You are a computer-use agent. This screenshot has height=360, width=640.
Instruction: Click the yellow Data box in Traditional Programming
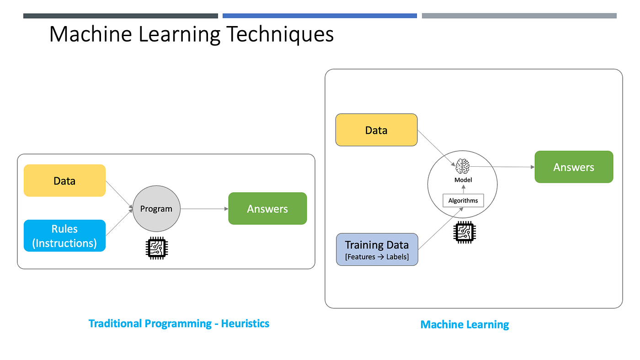(64, 181)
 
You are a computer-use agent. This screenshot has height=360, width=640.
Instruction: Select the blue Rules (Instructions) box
(64, 236)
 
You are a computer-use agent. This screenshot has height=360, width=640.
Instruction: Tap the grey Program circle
(156, 209)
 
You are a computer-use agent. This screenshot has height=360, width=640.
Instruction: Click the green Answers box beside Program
(267, 209)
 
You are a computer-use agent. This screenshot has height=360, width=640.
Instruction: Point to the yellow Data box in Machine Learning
(376, 130)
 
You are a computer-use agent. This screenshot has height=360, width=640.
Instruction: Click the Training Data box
(377, 249)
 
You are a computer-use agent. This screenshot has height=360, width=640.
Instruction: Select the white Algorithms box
(463, 200)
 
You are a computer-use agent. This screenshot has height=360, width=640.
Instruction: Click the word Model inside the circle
(463, 180)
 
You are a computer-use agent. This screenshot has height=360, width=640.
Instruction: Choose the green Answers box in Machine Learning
(574, 167)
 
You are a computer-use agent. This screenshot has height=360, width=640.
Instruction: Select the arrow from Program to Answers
(204, 209)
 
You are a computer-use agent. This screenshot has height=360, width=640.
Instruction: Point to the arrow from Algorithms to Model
(463, 189)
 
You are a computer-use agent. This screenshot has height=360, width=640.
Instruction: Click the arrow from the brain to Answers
(503, 167)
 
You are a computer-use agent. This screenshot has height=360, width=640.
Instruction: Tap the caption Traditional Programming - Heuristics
(179, 324)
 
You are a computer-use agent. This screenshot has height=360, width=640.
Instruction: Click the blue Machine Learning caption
(464, 325)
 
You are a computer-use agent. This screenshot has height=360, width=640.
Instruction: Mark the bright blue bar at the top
(320, 16)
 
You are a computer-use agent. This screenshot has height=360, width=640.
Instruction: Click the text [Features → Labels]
(377, 257)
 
